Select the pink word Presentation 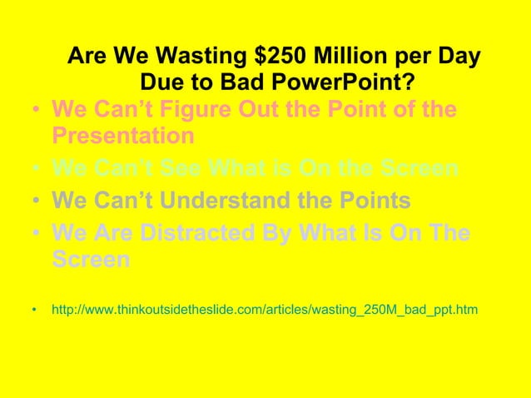point(123,135)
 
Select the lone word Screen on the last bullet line point(91,259)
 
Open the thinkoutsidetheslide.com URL point(264,310)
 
